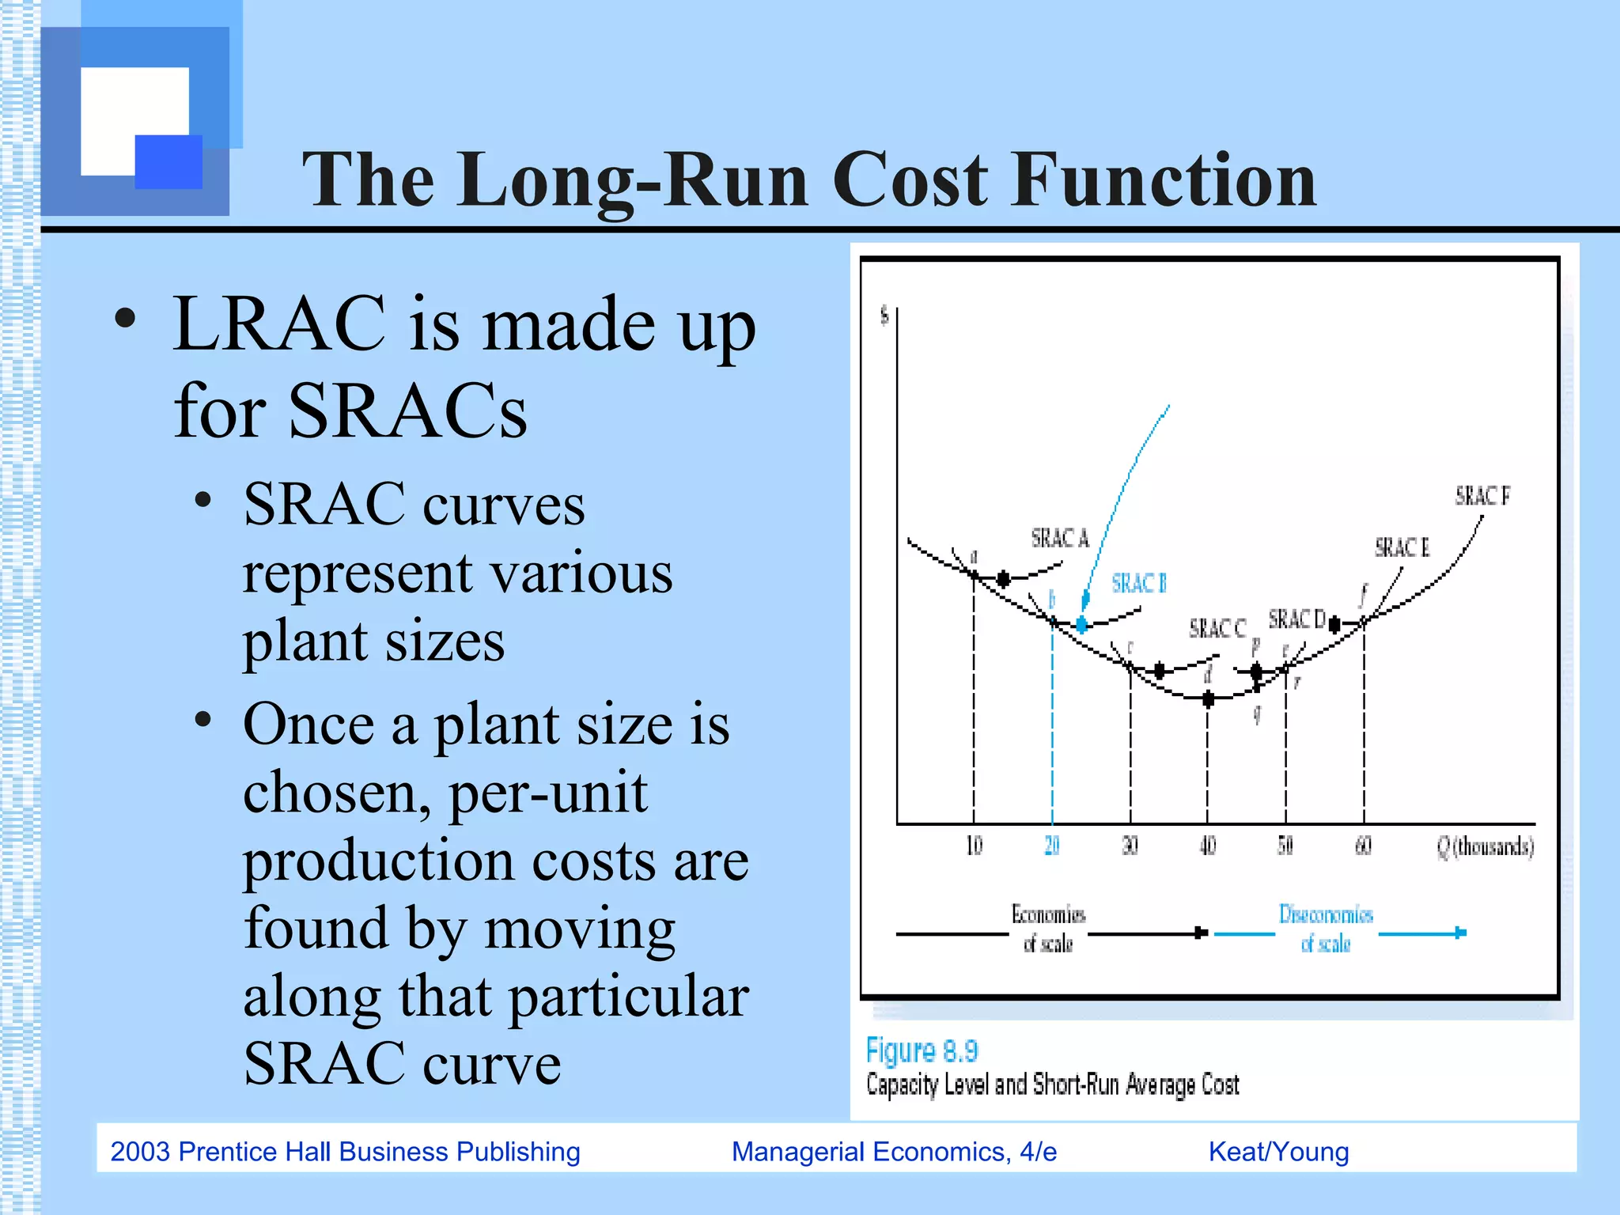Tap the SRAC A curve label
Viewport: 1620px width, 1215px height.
point(1060,539)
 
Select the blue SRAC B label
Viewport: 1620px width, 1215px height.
point(1139,584)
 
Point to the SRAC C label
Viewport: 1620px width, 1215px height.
point(1217,629)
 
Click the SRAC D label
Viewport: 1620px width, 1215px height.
point(1296,619)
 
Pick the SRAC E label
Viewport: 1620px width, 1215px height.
point(1402,547)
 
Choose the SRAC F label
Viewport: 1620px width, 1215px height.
point(1482,496)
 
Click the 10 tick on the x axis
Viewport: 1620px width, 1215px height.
point(974,846)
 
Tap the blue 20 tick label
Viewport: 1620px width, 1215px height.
point(1051,846)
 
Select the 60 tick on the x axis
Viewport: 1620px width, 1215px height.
point(1363,846)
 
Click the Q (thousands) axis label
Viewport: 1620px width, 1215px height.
point(1485,847)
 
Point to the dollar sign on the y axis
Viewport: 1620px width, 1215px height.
point(884,316)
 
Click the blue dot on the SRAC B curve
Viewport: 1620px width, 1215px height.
point(1081,625)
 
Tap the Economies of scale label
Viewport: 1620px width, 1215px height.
point(1048,929)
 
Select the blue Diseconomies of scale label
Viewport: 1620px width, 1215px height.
point(1326,929)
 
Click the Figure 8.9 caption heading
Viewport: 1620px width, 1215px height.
point(922,1050)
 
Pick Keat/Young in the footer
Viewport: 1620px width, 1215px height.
point(1278,1152)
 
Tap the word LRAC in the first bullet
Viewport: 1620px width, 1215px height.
point(278,324)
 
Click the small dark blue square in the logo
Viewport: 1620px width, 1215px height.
point(168,161)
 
